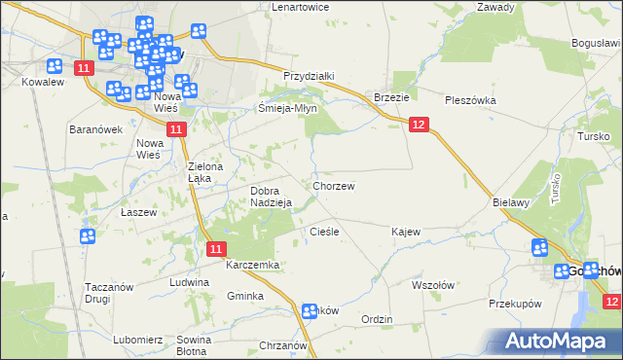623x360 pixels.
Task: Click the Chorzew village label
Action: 333,185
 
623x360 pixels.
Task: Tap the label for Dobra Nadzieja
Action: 272,197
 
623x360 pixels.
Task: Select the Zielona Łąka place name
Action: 206,172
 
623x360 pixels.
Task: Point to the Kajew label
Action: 405,233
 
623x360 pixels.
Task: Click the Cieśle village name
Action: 323,232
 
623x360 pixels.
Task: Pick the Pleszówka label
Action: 470,100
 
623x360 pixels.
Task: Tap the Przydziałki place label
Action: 309,76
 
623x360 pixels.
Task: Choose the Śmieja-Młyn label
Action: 288,109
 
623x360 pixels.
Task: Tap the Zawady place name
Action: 495,7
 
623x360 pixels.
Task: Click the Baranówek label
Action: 94,129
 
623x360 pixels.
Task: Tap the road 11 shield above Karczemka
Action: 218,250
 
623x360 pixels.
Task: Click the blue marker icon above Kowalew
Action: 55,66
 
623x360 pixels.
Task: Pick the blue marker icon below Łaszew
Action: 88,235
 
